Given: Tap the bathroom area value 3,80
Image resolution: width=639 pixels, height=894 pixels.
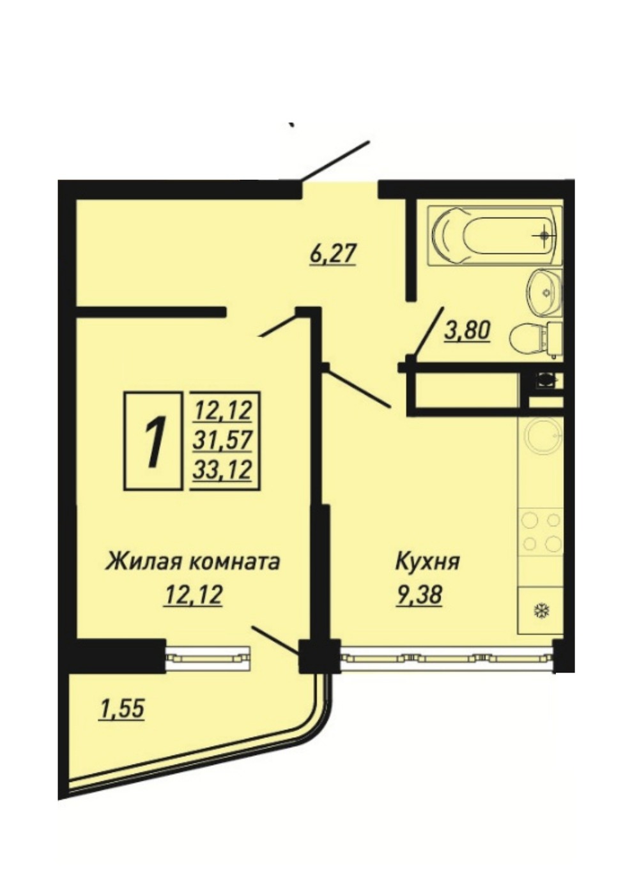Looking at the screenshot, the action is click(467, 330).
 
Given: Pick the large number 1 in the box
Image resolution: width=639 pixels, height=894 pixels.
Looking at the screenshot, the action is click(154, 440).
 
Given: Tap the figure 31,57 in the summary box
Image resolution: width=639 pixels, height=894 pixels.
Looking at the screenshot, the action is click(222, 440).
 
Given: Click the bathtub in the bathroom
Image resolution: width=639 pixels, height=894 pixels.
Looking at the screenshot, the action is click(495, 235).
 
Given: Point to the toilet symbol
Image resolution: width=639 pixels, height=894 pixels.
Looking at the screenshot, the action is click(535, 340).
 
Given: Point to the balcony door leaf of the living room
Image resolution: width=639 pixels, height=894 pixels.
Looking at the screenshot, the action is click(275, 639).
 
